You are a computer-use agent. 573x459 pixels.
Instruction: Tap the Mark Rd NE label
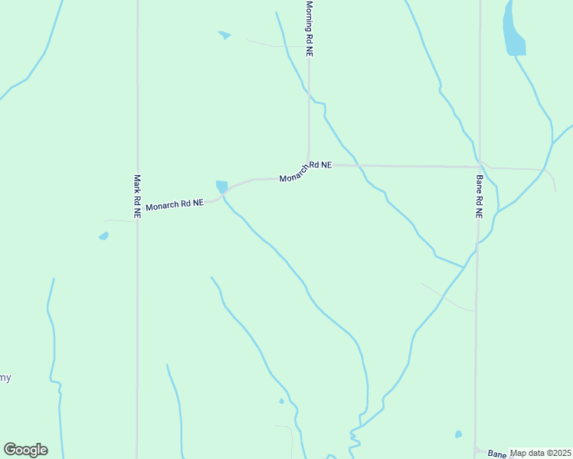137,197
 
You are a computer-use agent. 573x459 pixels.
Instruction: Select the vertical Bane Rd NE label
479,197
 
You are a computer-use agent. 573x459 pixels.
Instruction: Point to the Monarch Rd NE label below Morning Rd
306,171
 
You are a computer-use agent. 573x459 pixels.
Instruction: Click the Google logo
25,450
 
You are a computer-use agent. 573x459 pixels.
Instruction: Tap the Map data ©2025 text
540,453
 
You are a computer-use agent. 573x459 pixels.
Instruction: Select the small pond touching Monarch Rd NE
221,187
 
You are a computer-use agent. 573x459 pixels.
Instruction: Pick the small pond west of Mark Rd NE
103,236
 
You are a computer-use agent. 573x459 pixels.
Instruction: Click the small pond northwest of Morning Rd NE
224,35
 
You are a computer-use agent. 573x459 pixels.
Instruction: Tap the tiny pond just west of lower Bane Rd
458,435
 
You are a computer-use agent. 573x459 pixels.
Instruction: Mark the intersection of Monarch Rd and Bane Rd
480,166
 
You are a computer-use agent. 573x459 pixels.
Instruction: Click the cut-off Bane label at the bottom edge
498,454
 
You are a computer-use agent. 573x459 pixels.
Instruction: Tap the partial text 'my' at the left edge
5,378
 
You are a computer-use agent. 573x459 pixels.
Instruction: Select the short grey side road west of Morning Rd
272,44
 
